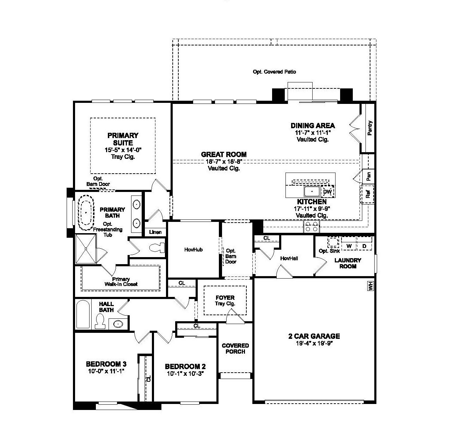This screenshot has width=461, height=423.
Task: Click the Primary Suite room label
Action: pos(123,139)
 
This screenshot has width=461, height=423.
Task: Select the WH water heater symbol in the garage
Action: pos(370,286)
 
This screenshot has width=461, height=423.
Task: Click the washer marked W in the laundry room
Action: pos(349,245)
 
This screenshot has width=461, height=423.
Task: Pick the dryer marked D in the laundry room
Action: pos(364,245)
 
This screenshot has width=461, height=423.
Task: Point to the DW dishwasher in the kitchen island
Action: pos(327,192)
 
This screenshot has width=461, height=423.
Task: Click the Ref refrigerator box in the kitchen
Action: pos(368,194)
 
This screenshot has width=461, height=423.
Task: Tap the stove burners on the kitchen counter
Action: pos(312,226)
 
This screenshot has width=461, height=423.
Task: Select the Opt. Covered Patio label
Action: pos(274,72)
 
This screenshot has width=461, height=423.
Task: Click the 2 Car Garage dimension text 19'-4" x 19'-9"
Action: pos(314,343)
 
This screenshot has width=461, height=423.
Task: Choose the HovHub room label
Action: pos(193,250)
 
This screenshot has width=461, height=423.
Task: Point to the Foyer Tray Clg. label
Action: pos(225,300)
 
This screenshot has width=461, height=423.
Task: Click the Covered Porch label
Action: pos(235,348)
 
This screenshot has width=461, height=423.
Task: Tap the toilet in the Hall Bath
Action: pos(100,321)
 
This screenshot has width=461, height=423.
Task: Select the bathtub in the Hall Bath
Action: pos(83,314)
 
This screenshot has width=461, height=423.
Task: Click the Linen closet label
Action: pos(155,232)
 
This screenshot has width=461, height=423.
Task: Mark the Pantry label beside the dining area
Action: pos(370,128)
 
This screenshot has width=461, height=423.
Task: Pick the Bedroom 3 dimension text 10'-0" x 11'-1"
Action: pos(106,371)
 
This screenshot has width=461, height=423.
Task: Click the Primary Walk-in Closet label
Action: pos(121,282)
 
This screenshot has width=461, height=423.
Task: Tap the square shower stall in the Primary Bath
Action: pos(86,249)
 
